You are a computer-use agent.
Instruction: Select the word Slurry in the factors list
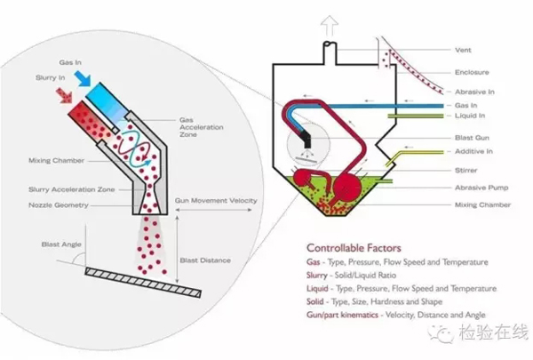(x=318, y=276)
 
